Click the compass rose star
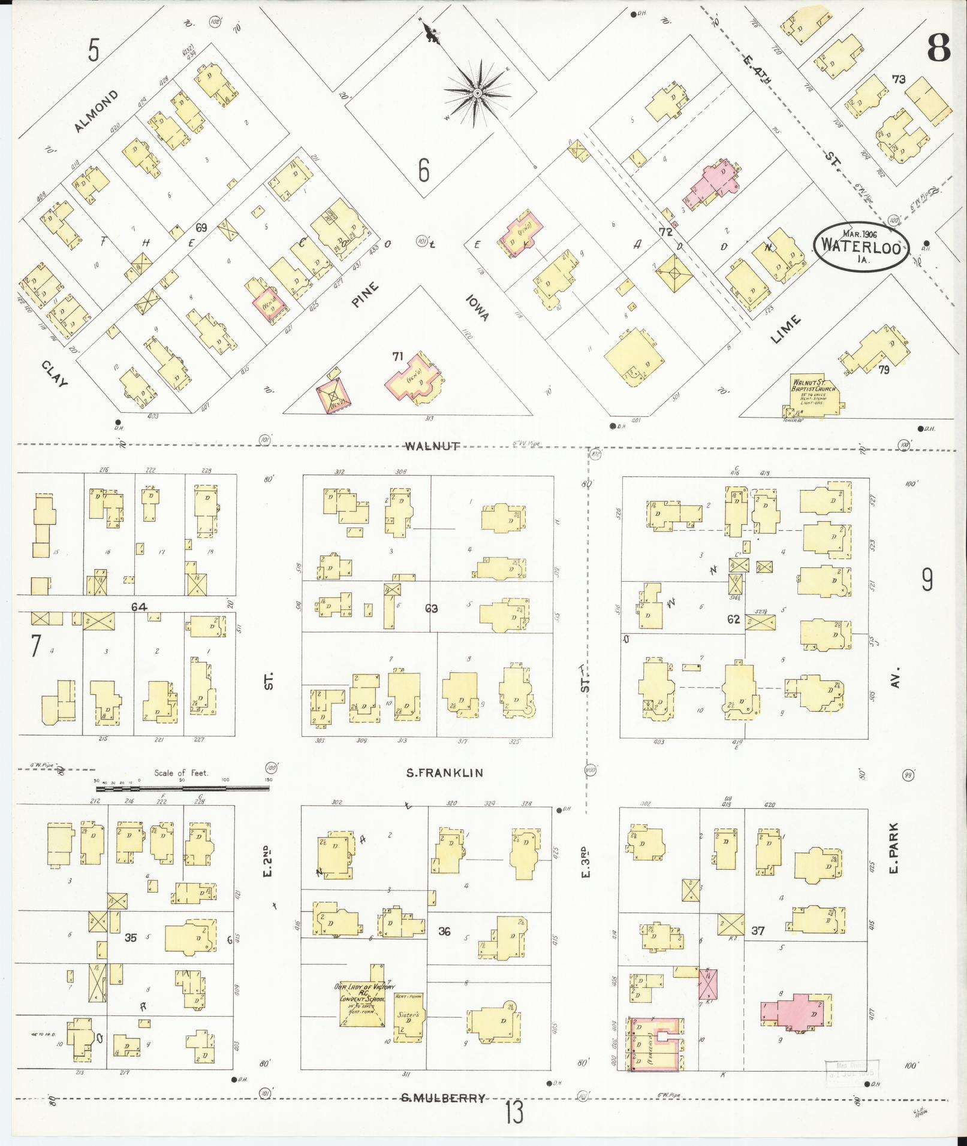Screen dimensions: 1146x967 (477, 94)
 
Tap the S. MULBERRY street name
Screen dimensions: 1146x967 (443, 1098)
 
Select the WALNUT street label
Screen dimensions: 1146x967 (432, 446)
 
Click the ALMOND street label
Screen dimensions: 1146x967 (97, 111)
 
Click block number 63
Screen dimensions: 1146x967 (431, 609)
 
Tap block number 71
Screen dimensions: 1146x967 (397, 356)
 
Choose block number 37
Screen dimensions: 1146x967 (758, 947)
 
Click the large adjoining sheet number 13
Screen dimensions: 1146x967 (514, 1113)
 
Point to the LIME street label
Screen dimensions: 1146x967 (785, 329)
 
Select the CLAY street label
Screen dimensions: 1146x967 (54, 374)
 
